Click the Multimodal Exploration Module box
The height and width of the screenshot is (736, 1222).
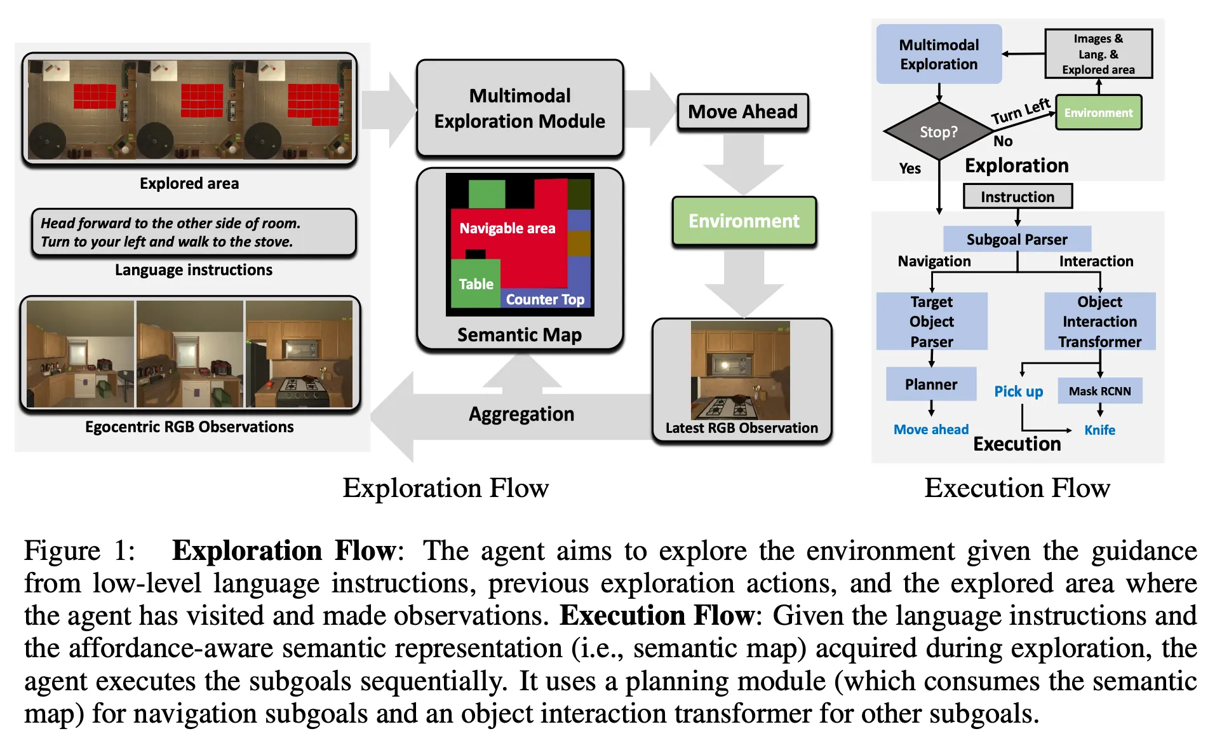520,108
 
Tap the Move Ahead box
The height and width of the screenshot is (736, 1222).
742,112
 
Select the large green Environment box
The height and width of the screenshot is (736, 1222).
744,221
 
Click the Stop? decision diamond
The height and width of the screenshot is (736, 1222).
938,132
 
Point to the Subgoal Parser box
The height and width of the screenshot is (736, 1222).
1016,239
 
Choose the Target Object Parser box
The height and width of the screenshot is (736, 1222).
931,321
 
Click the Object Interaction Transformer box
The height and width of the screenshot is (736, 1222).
1099,321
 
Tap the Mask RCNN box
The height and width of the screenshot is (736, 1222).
1099,391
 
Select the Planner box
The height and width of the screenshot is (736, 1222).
930,384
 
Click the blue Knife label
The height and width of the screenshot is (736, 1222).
1099,430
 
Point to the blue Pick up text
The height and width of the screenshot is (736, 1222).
1018,391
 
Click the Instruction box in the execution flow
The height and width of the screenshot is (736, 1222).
1017,196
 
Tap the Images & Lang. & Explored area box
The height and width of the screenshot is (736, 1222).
1098,54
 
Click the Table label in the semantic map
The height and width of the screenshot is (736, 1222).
476,284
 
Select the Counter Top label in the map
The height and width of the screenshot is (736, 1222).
545,299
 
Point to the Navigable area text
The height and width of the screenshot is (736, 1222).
507,228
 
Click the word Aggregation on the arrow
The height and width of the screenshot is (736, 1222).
521,414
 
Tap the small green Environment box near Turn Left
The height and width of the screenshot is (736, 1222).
1098,112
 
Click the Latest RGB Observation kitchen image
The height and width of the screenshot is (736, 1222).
740,370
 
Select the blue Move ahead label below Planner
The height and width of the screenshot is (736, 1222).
930,430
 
